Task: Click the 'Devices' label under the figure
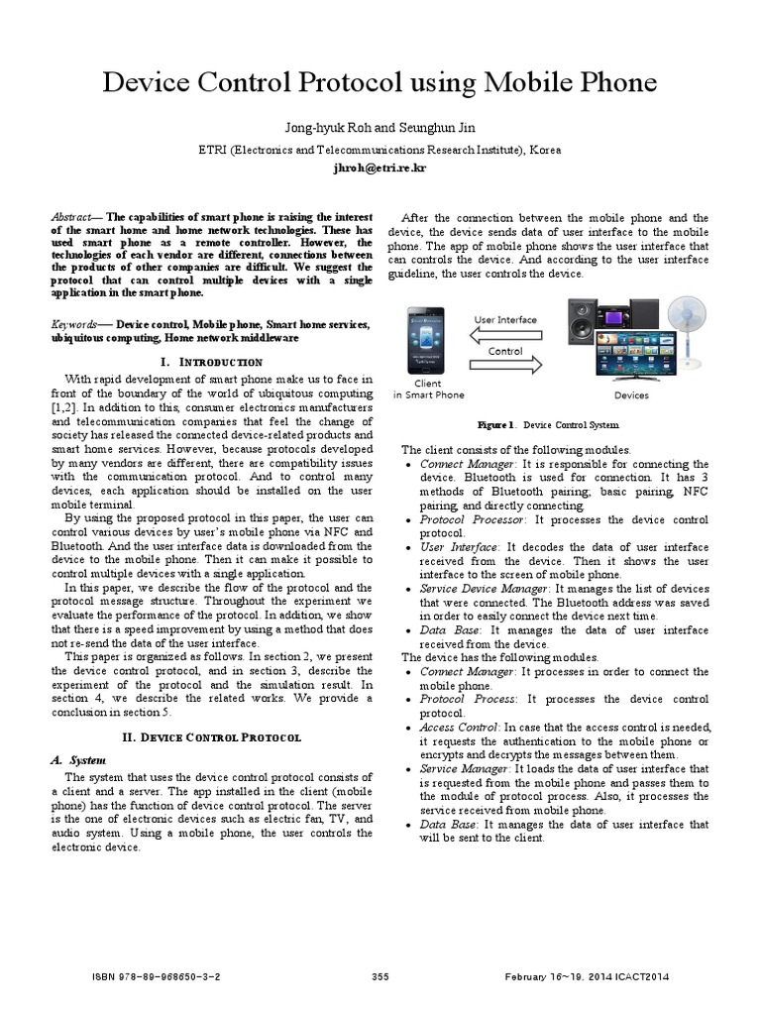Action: (x=631, y=395)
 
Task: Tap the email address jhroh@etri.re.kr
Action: (x=380, y=169)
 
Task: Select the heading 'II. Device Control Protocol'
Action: (x=217, y=737)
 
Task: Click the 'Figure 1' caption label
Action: (x=495, y=424)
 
